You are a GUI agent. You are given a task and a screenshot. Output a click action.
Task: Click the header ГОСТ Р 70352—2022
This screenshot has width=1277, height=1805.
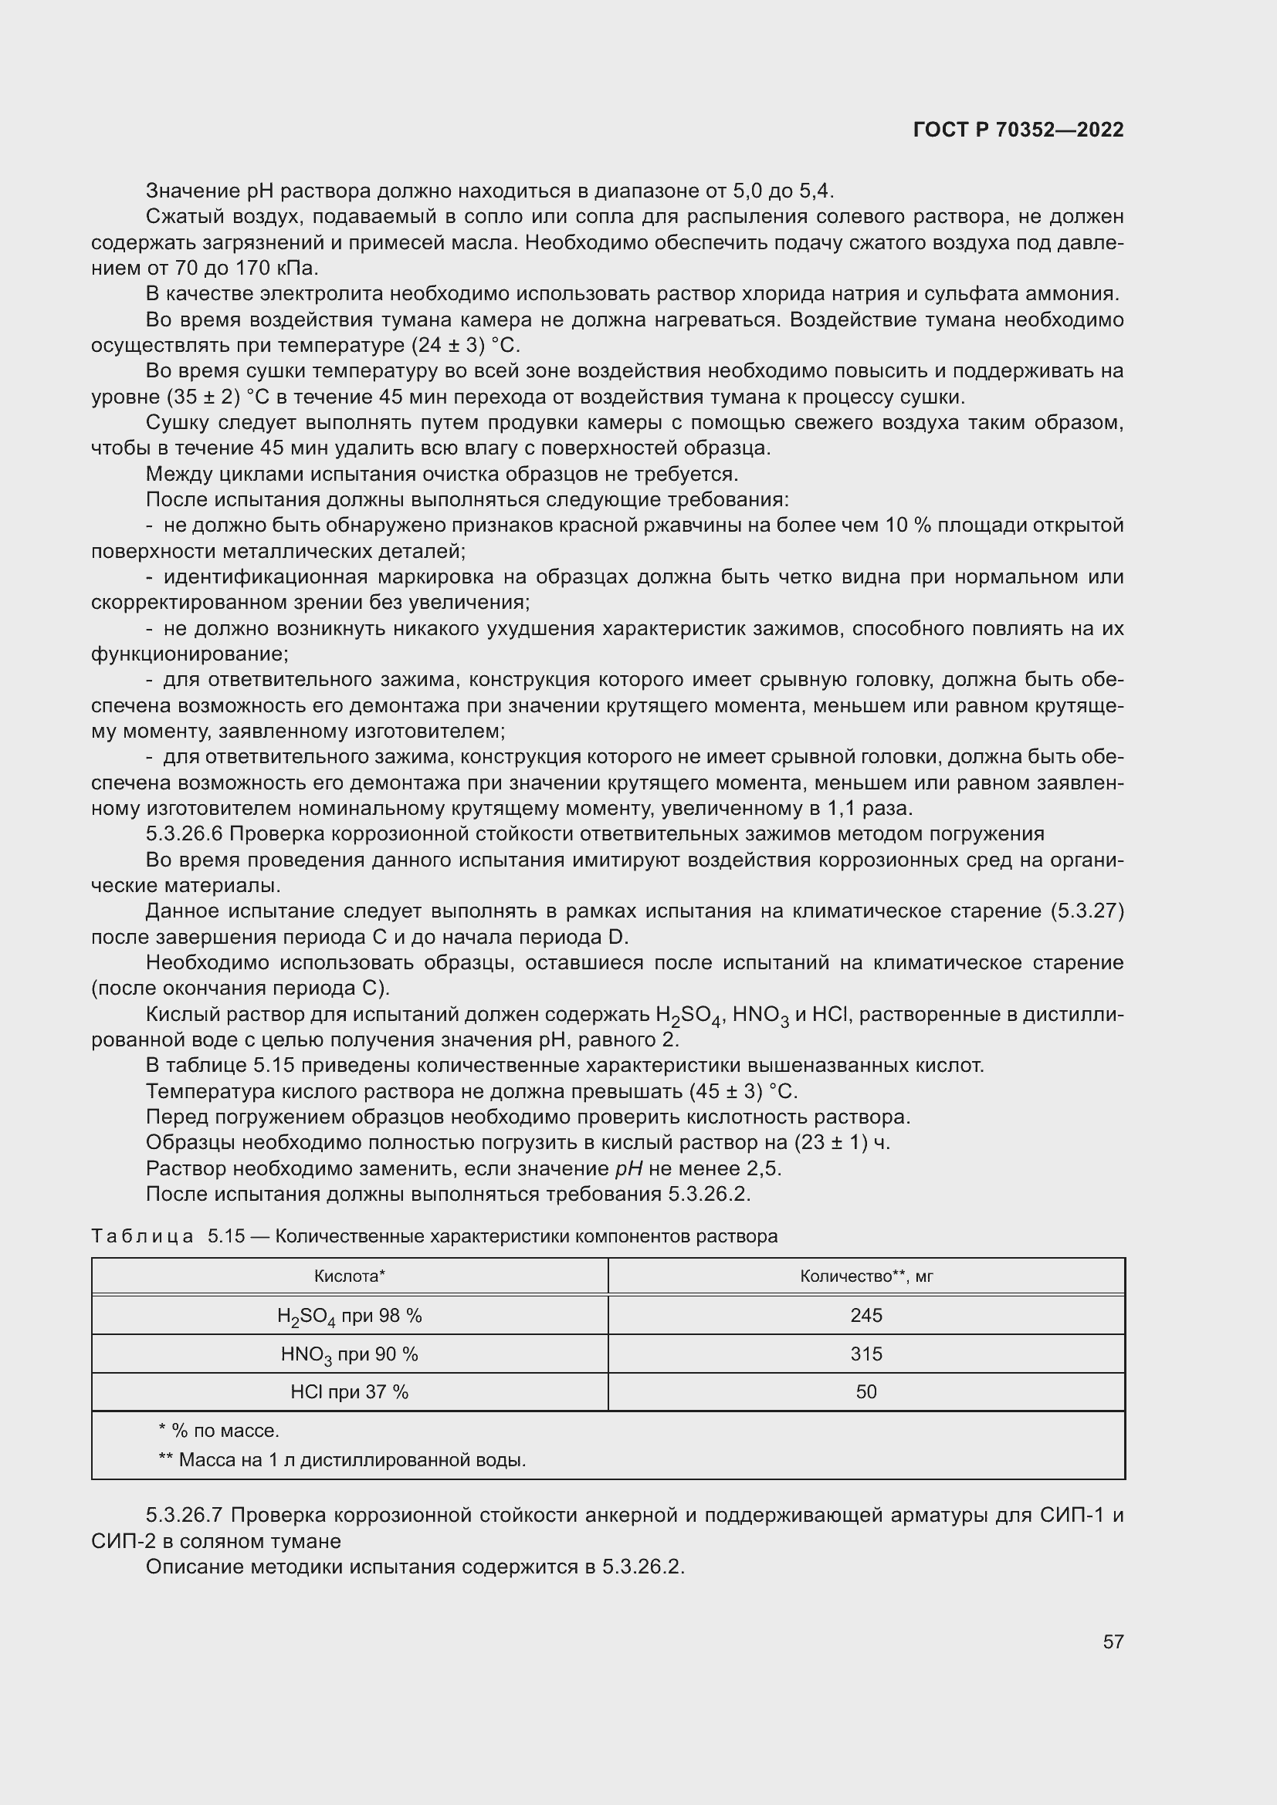(x=1018, y=130)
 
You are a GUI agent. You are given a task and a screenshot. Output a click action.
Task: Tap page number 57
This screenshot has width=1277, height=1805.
(x=1113, y=1641)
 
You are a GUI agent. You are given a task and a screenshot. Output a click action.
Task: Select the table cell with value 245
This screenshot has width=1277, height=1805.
(x=865, y=1315)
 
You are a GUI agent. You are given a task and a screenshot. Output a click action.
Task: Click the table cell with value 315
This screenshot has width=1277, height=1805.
(x=865, y=1354)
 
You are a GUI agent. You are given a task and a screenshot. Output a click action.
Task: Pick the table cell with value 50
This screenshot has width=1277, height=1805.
(x=865, y=1391)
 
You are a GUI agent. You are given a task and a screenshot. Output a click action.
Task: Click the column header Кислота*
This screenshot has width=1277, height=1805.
(x=349, y=1276)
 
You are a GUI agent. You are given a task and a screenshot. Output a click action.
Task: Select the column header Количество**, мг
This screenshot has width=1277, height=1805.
(x=865, y=1276)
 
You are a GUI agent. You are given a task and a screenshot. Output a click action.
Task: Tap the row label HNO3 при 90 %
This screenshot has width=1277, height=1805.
(x=349, y=1354)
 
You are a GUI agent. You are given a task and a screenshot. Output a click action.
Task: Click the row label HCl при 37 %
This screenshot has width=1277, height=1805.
(x=349, y=1391)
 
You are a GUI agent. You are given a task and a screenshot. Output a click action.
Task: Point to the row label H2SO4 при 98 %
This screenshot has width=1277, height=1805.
(x=349, y=1316)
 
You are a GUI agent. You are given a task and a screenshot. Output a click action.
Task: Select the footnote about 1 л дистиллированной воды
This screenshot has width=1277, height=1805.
(x=342, y=1460)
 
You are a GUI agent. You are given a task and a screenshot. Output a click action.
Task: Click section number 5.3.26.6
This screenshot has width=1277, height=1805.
(x=185, y=834)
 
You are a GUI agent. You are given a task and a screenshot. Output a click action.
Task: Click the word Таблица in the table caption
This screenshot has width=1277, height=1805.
(x=142, y=1235)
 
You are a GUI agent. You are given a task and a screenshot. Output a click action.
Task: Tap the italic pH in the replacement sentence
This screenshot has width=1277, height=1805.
(x=628, y=1168)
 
